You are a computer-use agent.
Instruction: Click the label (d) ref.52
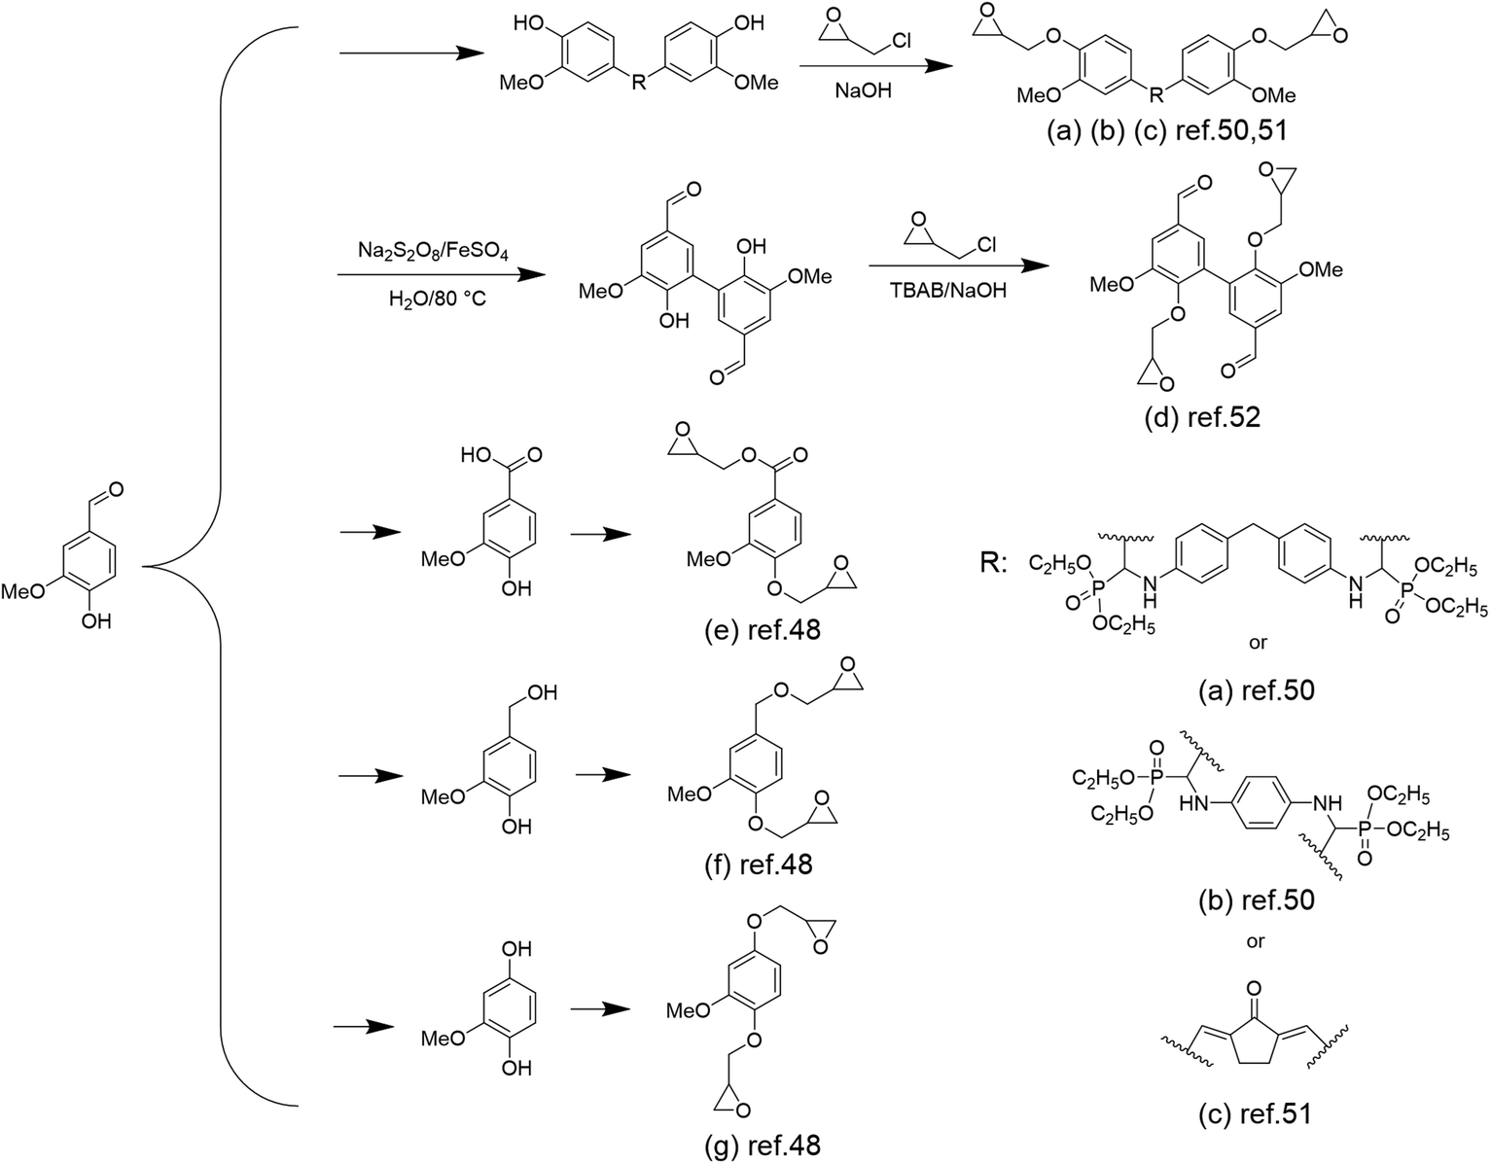tap(1203, 417)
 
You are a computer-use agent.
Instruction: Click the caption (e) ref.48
tap(762, 630)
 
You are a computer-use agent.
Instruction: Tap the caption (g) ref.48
tap(762, 1146)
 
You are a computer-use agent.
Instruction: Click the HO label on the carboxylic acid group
tap(481, 454)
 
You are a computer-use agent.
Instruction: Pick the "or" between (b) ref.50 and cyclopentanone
tap(1255, 941)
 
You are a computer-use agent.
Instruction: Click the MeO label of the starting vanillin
tap(34, 590)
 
